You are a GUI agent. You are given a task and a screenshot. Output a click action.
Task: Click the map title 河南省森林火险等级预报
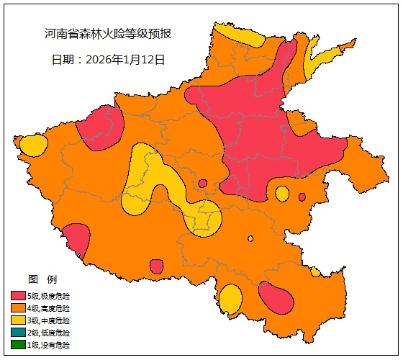[x=108, y=34]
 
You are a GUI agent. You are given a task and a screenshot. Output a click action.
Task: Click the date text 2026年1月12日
[x=108, y=59]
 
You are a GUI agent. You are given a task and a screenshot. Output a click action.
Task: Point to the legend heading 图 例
[x=42, y=279]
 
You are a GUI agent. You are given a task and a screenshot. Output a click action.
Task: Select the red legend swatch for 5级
[x=19, y=296]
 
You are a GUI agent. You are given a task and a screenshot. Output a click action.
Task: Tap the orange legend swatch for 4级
[x=19, y=308]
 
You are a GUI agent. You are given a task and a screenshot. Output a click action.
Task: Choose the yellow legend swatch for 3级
[x=19, y=320]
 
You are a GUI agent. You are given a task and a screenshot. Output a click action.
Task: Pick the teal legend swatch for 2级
[x=19, y=333]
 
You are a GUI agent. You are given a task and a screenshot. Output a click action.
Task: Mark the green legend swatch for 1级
[x=19, y=345]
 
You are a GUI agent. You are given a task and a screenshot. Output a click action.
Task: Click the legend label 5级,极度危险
[x=49, y=296]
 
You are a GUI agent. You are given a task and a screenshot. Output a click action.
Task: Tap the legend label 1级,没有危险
[x=49, y=345]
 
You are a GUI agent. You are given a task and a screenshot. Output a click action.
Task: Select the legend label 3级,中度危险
[x=49, y=320]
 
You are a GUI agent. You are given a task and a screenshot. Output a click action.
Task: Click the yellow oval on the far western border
[x=32, y=145]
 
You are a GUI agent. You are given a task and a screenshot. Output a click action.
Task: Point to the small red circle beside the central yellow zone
[x=202, y=184]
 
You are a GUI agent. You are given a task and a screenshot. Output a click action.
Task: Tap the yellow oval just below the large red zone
[x=282, y=194]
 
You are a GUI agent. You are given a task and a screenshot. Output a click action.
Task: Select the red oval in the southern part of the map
[x=276, y=298]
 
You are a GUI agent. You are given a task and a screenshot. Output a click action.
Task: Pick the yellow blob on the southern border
[x=230, y=298]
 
